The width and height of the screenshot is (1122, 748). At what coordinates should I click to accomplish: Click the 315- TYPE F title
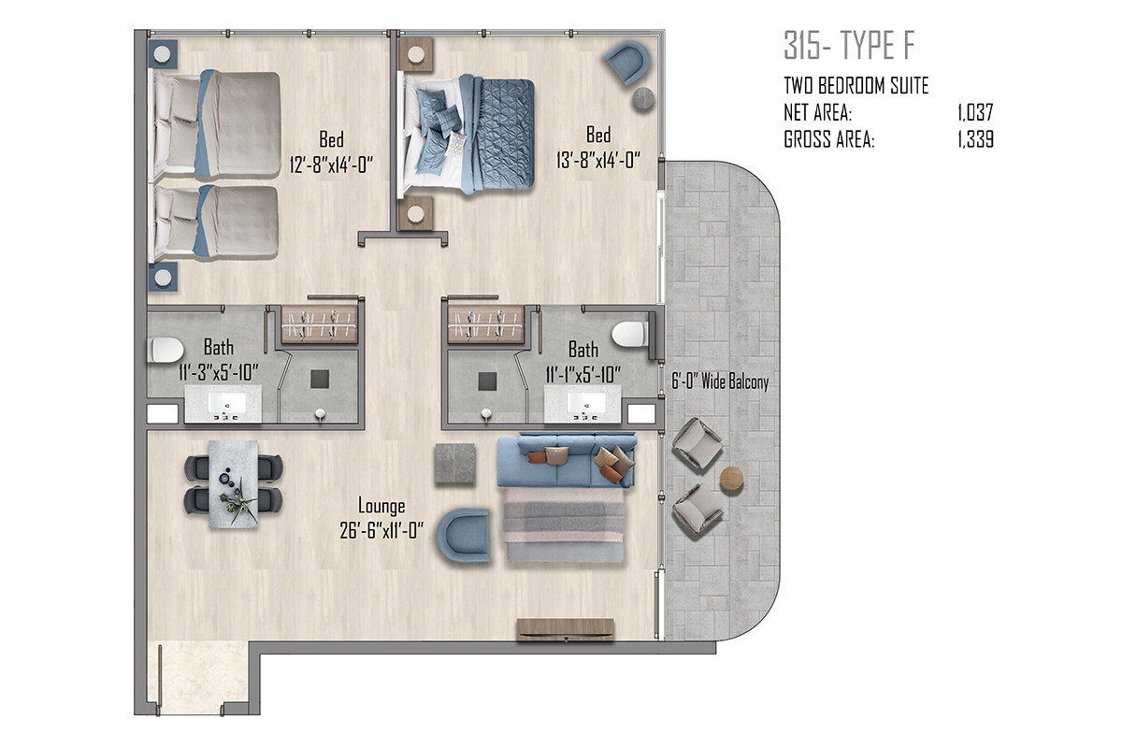(x=850, y=46)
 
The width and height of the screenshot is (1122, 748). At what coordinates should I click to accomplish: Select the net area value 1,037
(x=975, y=113)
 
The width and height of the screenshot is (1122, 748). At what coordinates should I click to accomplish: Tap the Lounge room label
(x=381, y=506)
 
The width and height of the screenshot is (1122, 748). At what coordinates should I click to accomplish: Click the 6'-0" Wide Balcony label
(x=720, y=381)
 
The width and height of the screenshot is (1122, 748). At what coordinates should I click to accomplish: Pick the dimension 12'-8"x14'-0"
(x=332, y=165)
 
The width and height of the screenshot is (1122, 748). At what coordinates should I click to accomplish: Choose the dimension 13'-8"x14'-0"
(x=598, y=160)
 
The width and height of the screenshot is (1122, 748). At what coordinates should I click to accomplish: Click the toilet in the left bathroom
(x=165, y=350)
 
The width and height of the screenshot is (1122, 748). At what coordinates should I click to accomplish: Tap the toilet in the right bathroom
(x=630, y=334)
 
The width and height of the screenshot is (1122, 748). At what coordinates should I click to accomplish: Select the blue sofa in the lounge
(x=567, y=460)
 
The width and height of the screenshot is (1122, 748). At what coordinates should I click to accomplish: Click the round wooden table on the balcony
(x=732, y=479)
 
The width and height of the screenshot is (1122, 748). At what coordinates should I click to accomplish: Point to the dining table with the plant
(x=234, y=483)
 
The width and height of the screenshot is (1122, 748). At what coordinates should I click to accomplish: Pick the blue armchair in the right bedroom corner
(x=627, y=62)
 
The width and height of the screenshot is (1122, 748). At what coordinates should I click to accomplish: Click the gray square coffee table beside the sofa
(x=454, y=464)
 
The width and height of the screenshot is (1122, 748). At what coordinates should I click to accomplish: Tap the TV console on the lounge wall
(x=566, y=629)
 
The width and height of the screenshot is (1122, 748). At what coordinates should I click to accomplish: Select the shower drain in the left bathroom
(x=320, y=380)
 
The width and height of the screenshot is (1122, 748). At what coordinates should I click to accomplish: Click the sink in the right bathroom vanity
(x=586, y=403)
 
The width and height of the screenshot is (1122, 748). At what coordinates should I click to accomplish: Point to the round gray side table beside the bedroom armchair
(x=643, y=99)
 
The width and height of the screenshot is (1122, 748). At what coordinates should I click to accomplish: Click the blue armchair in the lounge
(x=464, y=534)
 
